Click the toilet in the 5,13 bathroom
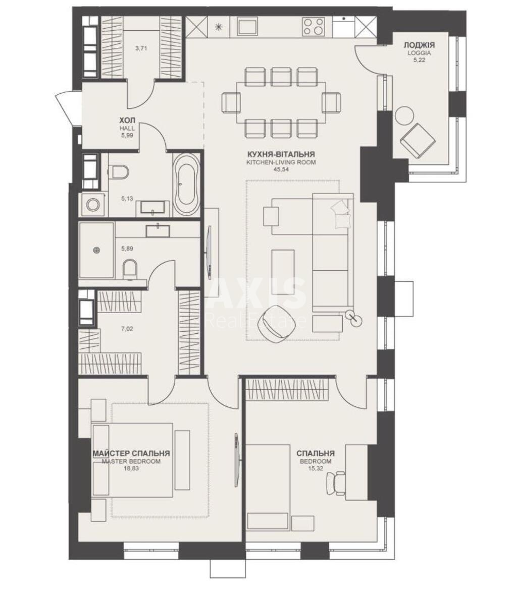[120, 172]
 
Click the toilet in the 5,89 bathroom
[130, 268]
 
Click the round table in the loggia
[404, 116]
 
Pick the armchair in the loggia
[418, 139]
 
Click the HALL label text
[127, 129]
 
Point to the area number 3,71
[142, 49]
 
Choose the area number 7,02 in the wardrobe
[127, 329]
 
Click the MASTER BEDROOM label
[131, 461]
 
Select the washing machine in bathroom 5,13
[92, 205]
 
